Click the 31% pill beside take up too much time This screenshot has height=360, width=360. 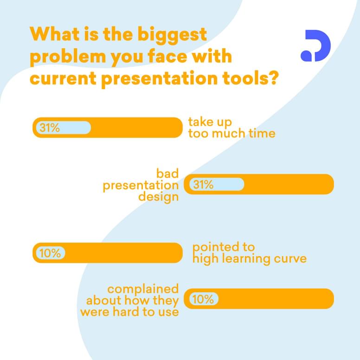click(x=64, y=128)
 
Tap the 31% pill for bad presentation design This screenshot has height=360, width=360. click(x=217, y=184)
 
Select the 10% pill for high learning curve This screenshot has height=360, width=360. click(x=51, y=253)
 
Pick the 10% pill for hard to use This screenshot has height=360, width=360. click(x=204, y=299)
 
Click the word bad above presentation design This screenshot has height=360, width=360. click(x=167, y=174)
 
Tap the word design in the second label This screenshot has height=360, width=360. click(x=158, y=197)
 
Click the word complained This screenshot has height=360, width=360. click(x=143, y=289)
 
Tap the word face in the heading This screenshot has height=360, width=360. click(x=167, y=56)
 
